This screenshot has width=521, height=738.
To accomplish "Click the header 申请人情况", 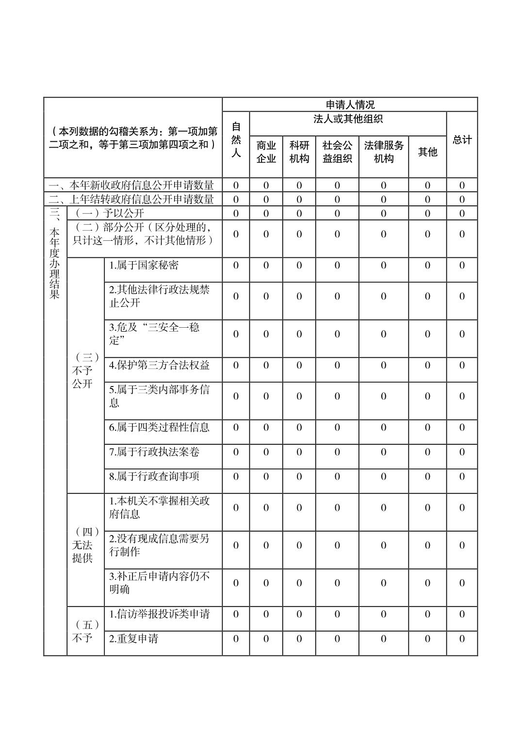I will [x=350, y=104].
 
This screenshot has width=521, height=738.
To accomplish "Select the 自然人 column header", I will [x=236, y=140].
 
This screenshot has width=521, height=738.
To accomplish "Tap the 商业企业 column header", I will [x=266, y=152].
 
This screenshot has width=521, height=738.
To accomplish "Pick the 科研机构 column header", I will [x=299, y=152].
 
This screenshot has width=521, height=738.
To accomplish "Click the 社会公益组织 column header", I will [x=337, y=152].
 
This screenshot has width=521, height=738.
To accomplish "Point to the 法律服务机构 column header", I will [x=383, y=152].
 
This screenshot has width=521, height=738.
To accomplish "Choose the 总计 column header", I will [x=462, y=140].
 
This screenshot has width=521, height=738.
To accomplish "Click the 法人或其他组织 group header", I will [x=348, y=119].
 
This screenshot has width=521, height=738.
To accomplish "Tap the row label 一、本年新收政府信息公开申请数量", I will [x=131, y=185].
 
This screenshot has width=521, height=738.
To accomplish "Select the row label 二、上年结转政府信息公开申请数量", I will [x=131, y=199].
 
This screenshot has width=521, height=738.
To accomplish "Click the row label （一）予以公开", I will [x=108, y=213].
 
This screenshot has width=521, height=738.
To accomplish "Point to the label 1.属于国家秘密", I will [x=144, y=265].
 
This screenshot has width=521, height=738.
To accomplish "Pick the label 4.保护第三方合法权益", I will [x=159, y=365].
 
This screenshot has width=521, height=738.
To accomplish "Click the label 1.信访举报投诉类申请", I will [x=159, y=614].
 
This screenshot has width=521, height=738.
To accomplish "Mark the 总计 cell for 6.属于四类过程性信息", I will [x=462, y=427].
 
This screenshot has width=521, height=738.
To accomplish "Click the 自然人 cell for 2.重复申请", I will [x=236, y=638].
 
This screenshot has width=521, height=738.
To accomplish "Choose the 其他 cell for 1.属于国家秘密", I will [x=427, y=265].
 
